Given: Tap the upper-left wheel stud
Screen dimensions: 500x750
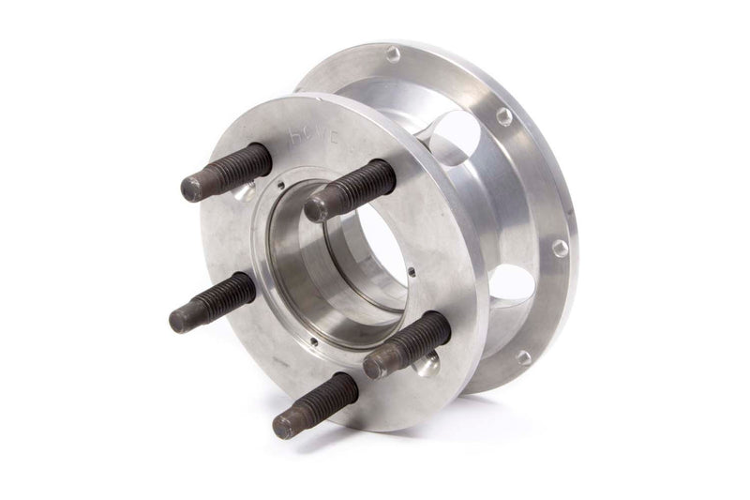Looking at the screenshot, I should pyautogui.click(x=226, y=173).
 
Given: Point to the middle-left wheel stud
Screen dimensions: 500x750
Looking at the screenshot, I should pyautogui.click(x=213, y=301).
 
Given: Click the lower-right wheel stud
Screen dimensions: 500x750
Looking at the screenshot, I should pyautogui.click(x=406, y=344).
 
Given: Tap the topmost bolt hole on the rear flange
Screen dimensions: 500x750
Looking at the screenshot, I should pyautogui.click(x=393, y=54).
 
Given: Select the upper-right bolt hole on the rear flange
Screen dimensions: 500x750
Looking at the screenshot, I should pyautogui.click(x=504, y=115).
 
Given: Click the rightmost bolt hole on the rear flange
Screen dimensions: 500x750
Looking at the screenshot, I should pyautogui.click(x=560, y=248).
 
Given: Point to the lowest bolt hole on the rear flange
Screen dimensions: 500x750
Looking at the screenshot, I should pyautogui.click(x=523, y=356).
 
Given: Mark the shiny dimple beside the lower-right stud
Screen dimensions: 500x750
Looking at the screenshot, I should pyautogui.click(x=428, y=363).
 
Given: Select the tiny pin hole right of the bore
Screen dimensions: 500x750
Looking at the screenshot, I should pyautogui.click(x=412, y=272).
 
